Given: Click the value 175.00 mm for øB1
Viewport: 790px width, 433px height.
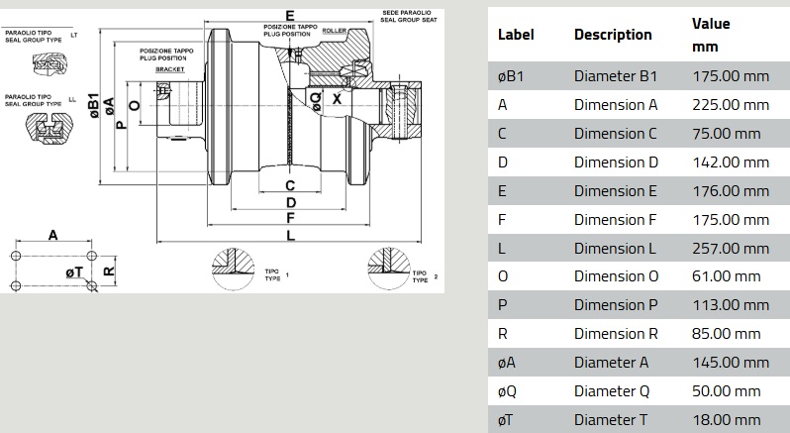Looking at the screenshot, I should tap(729, 75).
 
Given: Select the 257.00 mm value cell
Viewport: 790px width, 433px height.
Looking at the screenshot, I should tap(729, 248).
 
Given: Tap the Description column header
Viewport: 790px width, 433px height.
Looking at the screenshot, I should tap(612, 34).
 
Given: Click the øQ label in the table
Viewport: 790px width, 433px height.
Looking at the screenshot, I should tap(507, 391).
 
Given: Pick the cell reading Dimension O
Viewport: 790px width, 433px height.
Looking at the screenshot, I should tap(616, 276).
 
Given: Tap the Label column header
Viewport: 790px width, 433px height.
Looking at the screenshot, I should tap(515, 34).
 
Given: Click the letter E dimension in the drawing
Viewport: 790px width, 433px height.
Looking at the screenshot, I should tap(289, 15).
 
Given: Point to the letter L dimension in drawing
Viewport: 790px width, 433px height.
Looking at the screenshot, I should tap(289, 235).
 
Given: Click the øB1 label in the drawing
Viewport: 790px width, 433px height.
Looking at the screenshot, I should tap(92, 106).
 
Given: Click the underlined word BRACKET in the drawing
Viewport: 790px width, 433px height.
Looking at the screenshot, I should tap(170, 69).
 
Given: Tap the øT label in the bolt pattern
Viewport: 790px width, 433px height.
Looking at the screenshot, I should tap(73, 271).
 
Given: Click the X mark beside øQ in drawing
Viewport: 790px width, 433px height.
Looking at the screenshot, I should tap(337, 99).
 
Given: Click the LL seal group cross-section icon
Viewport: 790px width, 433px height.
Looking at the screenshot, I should tap(41, 126).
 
